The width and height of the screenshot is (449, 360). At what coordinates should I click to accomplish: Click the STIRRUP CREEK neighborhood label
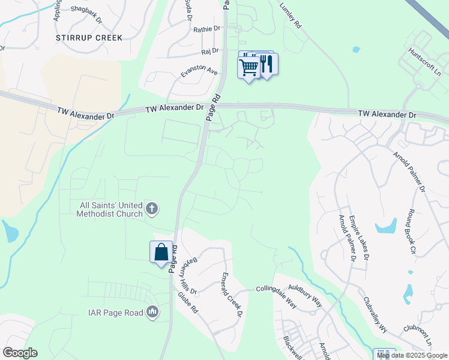89,38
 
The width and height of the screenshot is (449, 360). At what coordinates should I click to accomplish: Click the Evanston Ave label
199,71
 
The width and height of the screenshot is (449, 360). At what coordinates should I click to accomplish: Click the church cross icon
152,209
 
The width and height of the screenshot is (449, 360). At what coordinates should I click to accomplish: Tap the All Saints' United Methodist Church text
112,209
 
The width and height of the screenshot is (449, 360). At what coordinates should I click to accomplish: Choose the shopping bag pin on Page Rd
161,251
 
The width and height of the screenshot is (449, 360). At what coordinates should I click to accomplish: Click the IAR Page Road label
116,312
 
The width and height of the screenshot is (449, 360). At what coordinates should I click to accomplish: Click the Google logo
20,353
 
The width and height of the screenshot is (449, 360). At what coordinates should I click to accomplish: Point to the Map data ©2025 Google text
412,355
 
